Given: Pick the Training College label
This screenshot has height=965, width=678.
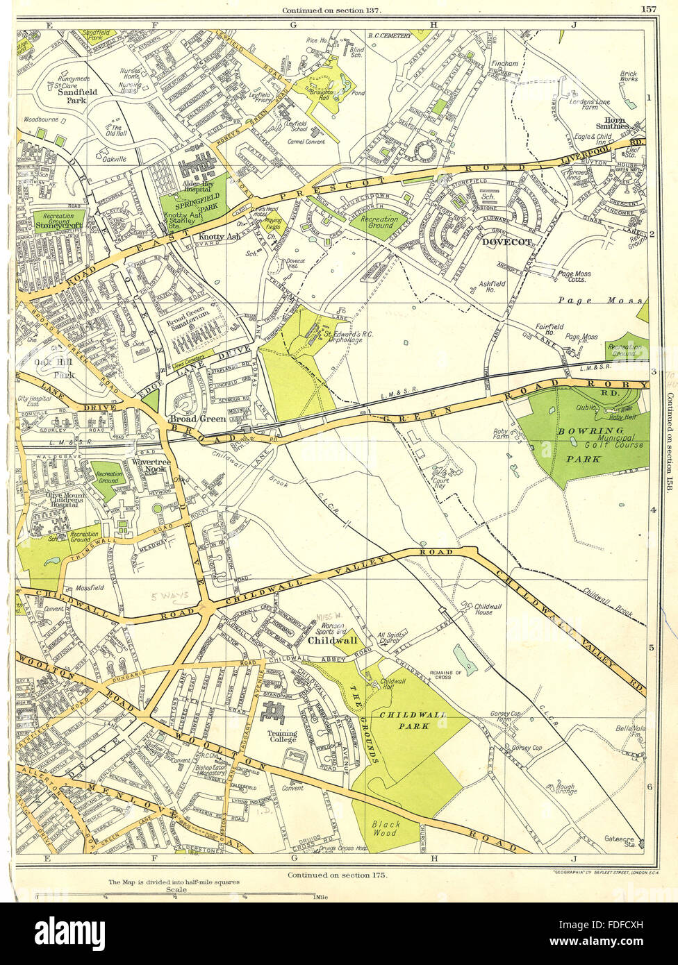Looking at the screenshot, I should [x=283, y=737].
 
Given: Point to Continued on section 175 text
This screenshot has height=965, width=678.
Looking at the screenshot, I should [x=338, y=875].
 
